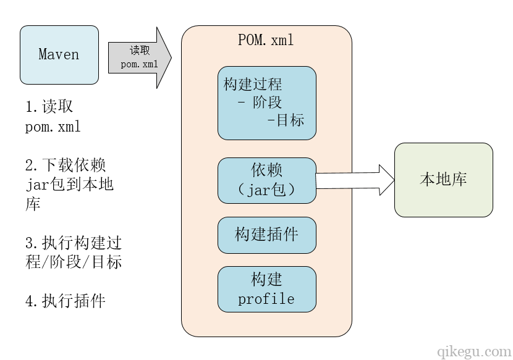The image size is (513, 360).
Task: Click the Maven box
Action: [x=59, y=54]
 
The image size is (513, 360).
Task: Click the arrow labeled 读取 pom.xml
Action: [x=140, y=57]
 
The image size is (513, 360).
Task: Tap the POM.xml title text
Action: [x=266, y=40]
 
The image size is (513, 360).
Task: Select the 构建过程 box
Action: [x=267, y=103]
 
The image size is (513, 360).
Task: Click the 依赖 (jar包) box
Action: [x=267, y=180]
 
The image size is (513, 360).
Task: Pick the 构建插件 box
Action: [x=267, y=235]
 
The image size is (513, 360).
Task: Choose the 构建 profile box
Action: [x=267, y=289]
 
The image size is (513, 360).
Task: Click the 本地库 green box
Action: [x=443, y=180]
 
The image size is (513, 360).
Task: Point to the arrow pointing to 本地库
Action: [x=355, y=180]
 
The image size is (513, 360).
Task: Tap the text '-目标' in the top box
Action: [x=286, y=120]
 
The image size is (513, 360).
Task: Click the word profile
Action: [x=266, y=299]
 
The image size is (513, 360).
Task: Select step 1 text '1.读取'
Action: [x=49, y=107]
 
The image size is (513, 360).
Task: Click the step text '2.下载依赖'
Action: [x=66, y=165]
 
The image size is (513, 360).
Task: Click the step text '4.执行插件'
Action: [x=66, y=301]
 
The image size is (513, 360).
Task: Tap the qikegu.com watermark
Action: [x=473, y=351]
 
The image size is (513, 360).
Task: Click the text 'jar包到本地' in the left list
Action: [x=70, y=184]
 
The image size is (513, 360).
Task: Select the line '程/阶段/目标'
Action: [x=74, y=261]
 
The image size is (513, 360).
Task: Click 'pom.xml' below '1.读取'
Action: [x=53, y=127]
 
